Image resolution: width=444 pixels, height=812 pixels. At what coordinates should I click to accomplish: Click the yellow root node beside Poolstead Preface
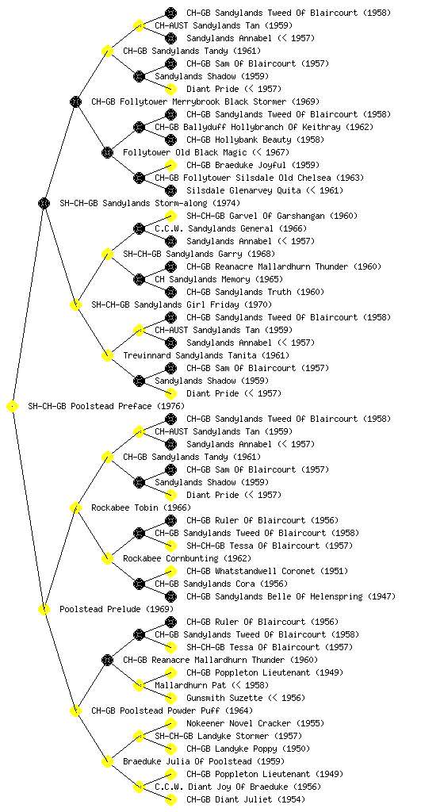click(13, 407)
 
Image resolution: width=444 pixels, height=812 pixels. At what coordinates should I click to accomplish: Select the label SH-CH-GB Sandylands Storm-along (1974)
click(150, 204)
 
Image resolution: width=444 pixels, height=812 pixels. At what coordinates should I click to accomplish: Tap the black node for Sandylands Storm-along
click(44, 204)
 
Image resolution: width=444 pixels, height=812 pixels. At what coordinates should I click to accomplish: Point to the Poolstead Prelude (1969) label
click(117, 610)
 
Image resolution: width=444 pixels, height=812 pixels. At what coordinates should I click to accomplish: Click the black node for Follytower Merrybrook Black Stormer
click(75, 102)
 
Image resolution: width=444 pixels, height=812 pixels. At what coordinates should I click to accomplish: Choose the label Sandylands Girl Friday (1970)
click(182, 305)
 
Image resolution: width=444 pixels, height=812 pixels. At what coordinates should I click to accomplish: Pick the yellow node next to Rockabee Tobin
click(75, 508)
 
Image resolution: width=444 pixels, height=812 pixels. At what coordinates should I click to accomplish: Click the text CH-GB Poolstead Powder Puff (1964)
click(172, 711)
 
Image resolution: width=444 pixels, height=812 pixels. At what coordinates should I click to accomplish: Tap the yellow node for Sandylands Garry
click(107, 255)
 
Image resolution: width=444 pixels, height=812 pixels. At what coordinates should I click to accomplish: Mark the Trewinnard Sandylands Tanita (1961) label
click(206, 356)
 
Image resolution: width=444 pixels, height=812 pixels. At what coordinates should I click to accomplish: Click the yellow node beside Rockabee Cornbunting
click(107, 559)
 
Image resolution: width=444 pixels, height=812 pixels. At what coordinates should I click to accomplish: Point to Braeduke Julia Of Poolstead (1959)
click(204, 762)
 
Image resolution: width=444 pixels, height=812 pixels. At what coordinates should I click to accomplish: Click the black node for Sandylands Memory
click(139, 280)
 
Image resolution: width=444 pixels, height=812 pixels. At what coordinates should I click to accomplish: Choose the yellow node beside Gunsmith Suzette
click(170, 698)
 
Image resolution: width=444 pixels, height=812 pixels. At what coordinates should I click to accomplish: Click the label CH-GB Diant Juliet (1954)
click(245, 799)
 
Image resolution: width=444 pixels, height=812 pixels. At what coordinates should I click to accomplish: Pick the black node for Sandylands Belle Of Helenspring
click(170, 596)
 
